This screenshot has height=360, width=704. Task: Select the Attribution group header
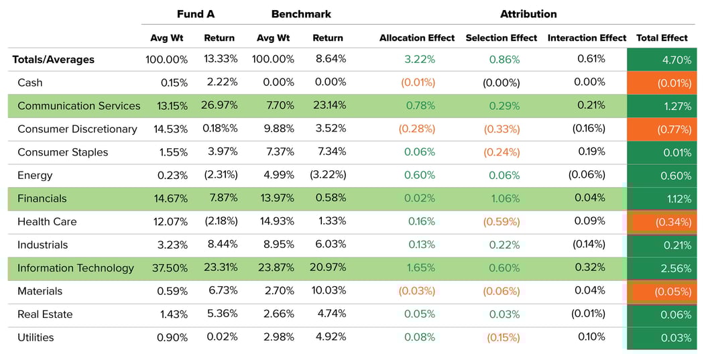click(528, 14)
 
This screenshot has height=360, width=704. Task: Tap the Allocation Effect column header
click(417, 38)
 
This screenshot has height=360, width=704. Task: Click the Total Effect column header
click(662, 38)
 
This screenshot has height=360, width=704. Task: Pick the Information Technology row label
click(76, 268)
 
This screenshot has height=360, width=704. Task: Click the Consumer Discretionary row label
click(77, 129)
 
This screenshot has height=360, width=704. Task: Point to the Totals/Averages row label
click(54, 60)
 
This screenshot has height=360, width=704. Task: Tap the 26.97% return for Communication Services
click(220, 106)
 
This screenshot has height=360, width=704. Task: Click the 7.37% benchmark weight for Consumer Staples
click(276, 152)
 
